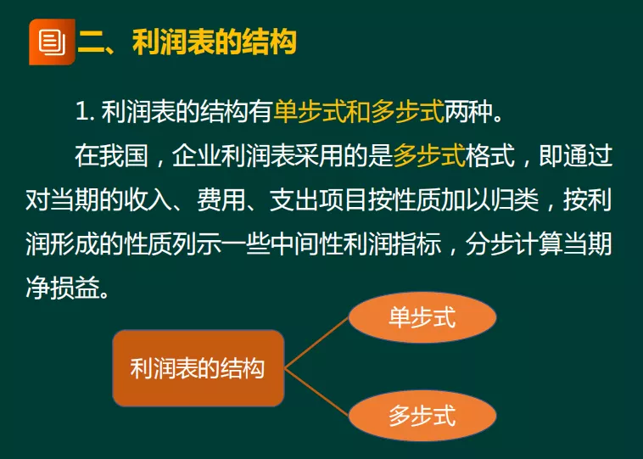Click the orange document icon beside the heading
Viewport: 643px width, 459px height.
pos(51,40)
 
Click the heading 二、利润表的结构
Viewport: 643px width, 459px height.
pos(187,42)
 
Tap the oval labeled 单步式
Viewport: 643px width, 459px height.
pos(422,317)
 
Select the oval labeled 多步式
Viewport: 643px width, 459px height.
pos(422,416)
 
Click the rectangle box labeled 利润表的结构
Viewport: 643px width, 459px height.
pos(198,368)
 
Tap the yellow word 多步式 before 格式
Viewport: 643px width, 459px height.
pos(429,156)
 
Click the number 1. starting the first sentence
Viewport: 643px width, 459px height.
pos(83,111)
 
